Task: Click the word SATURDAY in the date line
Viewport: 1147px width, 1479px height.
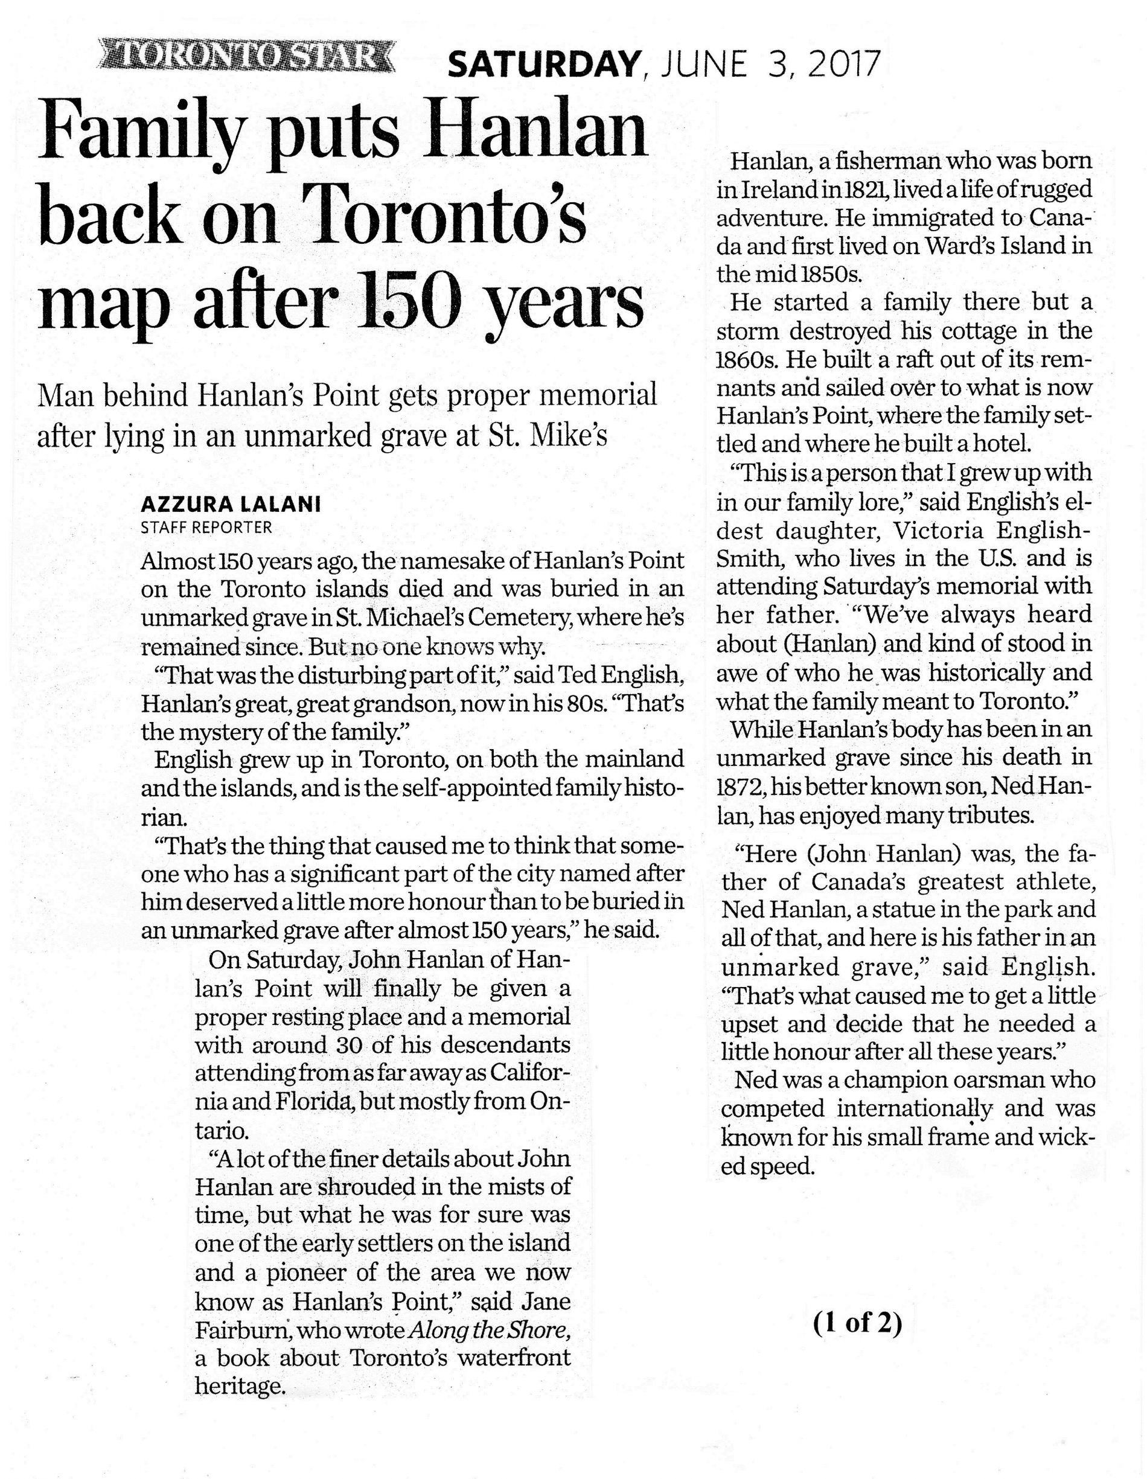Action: tap(544, 66)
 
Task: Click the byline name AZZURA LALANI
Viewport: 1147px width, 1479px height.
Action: tap(229, 505)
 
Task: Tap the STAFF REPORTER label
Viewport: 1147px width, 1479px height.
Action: tap(206, 527)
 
